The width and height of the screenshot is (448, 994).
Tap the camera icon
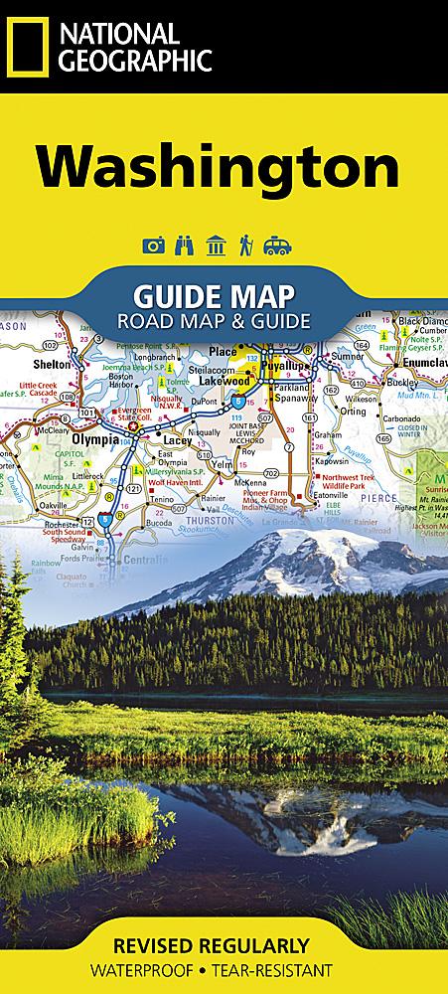pyautogui.click(x=154, y=245)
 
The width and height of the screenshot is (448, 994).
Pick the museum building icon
pyautogui.click(x=211, y=245)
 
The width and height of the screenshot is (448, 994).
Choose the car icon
pyautogui.click(x=275, y=245)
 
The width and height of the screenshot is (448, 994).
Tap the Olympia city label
pyautogui.click(x=92, y=435)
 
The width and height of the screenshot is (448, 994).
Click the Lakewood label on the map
pyautogui.click(x=224, y=380)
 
